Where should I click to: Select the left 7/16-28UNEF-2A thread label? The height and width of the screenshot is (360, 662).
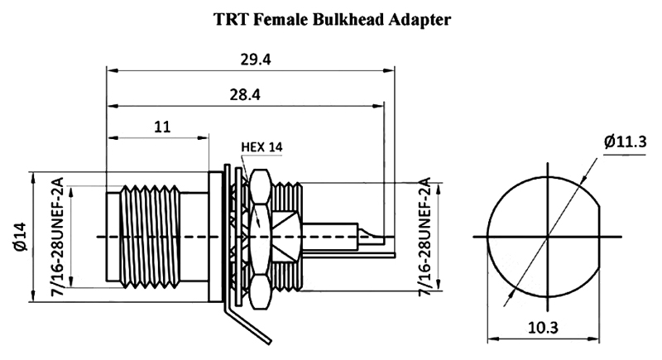click(x=59, y=238)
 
